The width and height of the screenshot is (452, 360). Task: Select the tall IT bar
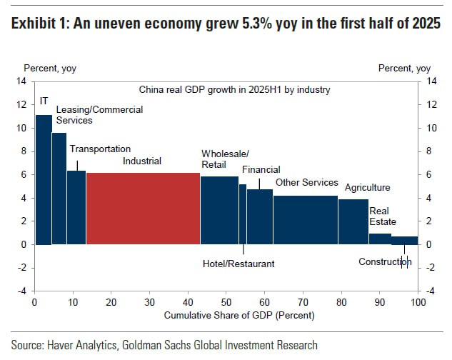[44, 179]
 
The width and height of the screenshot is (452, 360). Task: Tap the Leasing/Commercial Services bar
[59, 189]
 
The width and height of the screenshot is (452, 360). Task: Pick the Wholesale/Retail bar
[219, 210]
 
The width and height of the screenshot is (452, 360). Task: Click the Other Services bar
[305, 220]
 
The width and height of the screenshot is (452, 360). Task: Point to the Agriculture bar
[353, 221]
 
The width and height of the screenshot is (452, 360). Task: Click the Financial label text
[261, 169]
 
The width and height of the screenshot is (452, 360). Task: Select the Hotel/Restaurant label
[238, 264]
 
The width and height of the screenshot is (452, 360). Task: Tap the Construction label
[386, 261]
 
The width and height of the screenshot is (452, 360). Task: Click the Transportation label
[100, 149]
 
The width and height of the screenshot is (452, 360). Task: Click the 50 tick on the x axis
[226, 302]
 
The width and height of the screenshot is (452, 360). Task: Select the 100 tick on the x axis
[418, 302]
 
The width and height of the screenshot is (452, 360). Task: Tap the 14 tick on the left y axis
[21, 81]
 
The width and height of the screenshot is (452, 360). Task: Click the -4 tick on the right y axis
[431, 291]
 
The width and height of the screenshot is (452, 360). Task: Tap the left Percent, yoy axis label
[50, 69]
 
